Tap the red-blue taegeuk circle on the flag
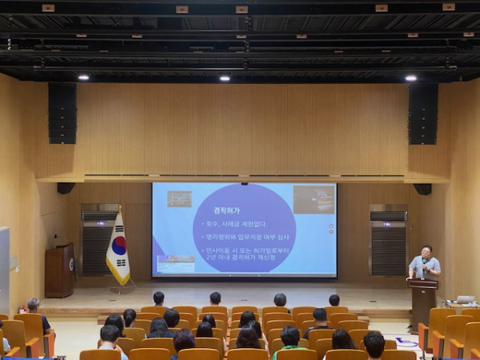pos(118,246)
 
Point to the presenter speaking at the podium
pos(424,263)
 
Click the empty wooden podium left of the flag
pos(58,270)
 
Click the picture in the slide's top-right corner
pos(314,199)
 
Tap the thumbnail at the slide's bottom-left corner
pos(176,263)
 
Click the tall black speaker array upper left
pos(62,113)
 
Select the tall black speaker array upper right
pos(423,114)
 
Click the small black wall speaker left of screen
pos(66,188)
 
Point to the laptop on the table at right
pos(466,300)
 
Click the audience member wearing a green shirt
pos(289,341)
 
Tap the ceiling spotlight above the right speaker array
pos(410,78)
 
